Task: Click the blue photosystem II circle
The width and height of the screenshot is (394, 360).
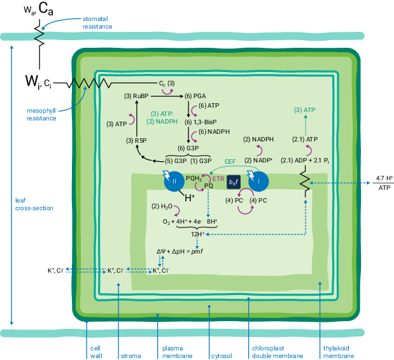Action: click(x=174, y=182)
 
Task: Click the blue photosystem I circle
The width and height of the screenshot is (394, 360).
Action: click(x=258, y=182)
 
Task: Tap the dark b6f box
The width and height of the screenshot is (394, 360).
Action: click(x=234, y=182)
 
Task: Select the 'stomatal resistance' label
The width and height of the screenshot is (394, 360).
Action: click(x=97, y=23)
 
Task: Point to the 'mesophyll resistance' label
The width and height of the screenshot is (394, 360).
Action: click(x=41, y=115)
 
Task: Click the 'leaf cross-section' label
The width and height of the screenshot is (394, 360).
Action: click(x=34, y=205)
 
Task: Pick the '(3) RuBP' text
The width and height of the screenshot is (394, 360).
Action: click(x=136, y=96)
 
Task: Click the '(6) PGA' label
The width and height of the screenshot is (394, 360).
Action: click(x=195, y=96)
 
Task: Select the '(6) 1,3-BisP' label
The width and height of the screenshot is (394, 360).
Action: click(x=201, y=122)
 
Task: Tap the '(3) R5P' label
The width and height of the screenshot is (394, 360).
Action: click(x=136, y=141)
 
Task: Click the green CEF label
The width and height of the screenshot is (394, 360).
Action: click(x=230, y=161)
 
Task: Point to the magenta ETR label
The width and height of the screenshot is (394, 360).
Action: click(x=218, y=179)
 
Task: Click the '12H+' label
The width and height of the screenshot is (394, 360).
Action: click(x=197, y=234)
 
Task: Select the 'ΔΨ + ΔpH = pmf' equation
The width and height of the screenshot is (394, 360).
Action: click(x=179, y=251)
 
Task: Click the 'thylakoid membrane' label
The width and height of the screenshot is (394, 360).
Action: click(x=339, y=352)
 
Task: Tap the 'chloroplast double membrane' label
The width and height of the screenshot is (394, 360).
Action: click(x=278, y=352)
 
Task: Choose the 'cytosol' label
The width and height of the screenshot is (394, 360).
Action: click(x=222, y=356)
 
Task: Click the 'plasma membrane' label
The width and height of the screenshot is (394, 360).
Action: click(x=177, y=352)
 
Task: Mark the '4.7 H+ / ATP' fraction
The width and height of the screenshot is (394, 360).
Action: click(x=384, y=183)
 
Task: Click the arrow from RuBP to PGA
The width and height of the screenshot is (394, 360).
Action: click(x=167, y=96)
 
